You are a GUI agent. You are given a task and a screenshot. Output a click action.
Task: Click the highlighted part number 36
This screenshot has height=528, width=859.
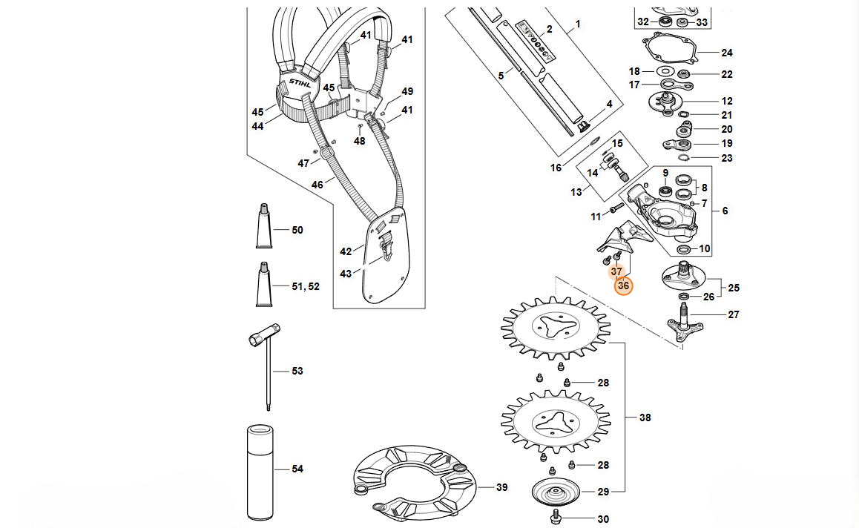(x=623, y=286)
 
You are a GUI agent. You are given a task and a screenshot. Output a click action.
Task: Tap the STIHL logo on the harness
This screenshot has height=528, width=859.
(x=300, y=83)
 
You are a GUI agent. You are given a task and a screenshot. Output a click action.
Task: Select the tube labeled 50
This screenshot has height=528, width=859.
(x=264, y=225)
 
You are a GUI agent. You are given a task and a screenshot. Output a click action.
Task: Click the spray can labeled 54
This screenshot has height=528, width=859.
(x=260, y=472)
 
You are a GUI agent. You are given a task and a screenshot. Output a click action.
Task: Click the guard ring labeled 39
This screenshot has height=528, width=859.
(x=414, y=483)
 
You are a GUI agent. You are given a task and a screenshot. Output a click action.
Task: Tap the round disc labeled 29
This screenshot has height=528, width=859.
(x=556, y=490)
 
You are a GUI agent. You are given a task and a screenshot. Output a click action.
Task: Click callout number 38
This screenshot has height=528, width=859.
(x=645, y=418)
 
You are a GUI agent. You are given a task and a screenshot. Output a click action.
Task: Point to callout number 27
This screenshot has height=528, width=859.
(x=734, y=314)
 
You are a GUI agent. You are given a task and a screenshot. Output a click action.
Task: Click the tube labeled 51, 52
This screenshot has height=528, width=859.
(x=264, y=283)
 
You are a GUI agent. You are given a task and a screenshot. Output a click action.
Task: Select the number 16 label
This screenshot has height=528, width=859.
(x=556, y=168)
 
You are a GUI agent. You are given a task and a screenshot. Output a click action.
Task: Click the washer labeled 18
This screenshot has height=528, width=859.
(x=665, y=71)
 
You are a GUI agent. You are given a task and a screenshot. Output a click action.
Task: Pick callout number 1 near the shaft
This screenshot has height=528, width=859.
(x=577, y=24)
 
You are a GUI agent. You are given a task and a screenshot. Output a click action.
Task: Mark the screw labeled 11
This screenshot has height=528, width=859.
(x=616, y=208)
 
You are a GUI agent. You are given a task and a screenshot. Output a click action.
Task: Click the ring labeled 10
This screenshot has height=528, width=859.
(x=684, y=250)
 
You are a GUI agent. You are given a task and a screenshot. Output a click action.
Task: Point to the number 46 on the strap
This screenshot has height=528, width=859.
(x=317, y=185)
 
